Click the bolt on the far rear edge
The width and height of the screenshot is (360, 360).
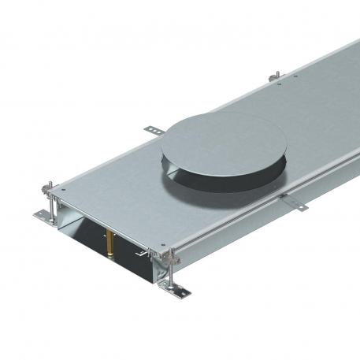[x=276, y=76]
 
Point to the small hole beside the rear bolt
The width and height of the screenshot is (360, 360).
[x=293, y=77]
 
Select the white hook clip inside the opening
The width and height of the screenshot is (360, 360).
[x=142, y=254]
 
